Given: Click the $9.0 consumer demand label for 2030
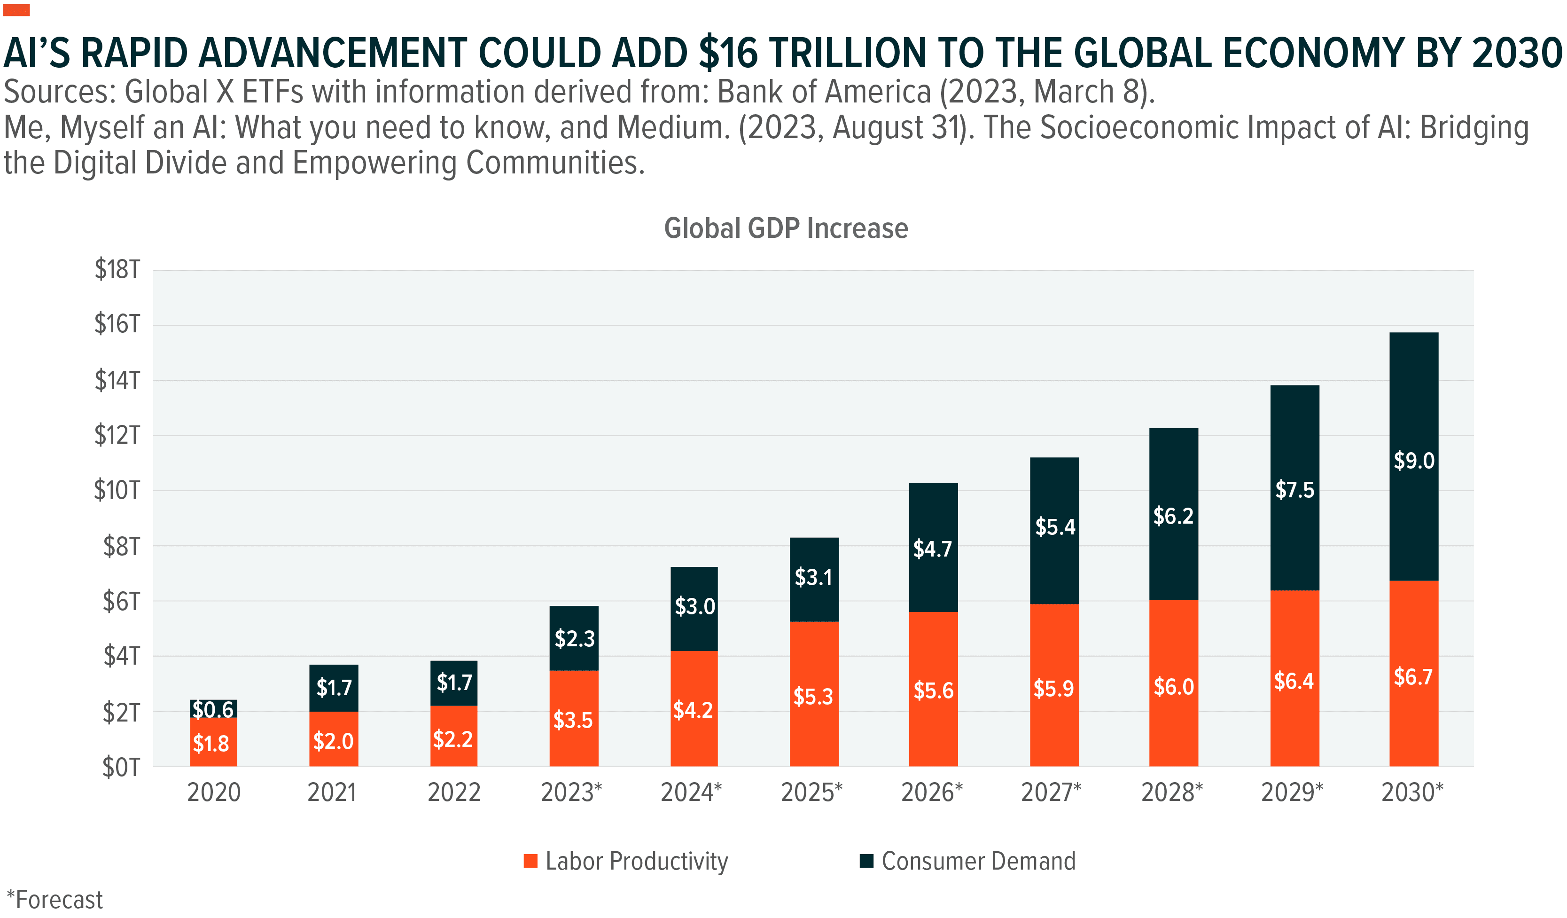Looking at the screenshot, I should click(1413, 461).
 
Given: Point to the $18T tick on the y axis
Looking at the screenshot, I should click(117, 269).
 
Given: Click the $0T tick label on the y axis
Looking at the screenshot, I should click(121, 767).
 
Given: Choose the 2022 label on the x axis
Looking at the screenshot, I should click(454, 792).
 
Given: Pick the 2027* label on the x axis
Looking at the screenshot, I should click(1052, 792).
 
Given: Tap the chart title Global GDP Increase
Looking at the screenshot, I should click(786, 228).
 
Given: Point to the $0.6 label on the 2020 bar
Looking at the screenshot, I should click(213, 709).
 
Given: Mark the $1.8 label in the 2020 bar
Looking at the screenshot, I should click(211, 743).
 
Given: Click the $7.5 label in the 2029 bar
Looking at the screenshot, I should click(1294, 490).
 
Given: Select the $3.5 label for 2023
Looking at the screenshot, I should click(573, 720).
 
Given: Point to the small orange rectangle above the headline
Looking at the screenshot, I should click(16, 10).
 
